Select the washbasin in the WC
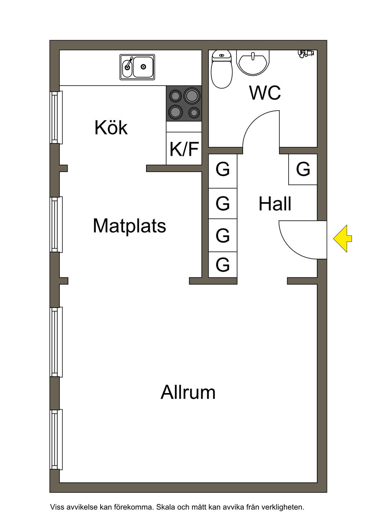(253, 62)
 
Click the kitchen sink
(137, 67)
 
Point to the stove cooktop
(184, 104)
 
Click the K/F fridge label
(184, 149)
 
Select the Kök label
(111, 128)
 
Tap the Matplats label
(129, 226)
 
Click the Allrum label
(188, 392)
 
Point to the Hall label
(275, 204)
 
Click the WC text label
(265, 93)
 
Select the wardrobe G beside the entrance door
(303, 169)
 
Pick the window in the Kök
(56, 117)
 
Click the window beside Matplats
(56, 224)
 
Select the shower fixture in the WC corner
(305, 54)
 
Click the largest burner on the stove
(192, 96)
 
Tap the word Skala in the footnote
(166, 507)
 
